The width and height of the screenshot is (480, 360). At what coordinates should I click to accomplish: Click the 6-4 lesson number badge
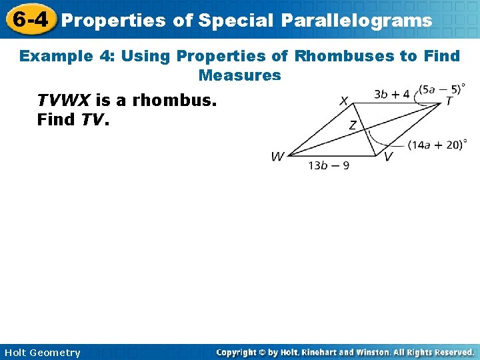[29, 19]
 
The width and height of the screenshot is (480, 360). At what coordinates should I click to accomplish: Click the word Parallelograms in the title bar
[356, 21]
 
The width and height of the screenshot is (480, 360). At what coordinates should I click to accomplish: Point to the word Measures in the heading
[239, 75]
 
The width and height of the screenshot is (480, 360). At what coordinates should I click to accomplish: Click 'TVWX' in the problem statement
[64, 101]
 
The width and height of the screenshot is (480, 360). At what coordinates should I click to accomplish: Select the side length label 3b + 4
[391, 94]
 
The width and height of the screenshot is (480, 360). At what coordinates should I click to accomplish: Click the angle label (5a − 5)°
[441, 89]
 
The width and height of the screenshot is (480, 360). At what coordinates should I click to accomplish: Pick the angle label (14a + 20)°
[437, 145]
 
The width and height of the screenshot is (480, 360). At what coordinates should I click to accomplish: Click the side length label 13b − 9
[329, 165]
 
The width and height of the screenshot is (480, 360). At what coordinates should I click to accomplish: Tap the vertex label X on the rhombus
[343, 101]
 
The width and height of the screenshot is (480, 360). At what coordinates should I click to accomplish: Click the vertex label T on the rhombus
[449, 101]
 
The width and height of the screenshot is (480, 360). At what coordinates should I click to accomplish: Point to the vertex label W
[277, 157]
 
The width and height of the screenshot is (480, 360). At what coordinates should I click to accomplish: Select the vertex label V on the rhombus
[388, 157]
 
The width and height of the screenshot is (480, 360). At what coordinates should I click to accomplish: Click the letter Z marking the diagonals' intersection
[353, 125]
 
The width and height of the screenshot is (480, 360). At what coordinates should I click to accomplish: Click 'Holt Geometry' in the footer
[41, 353]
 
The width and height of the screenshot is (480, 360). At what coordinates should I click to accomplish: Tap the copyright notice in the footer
[345, 352]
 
